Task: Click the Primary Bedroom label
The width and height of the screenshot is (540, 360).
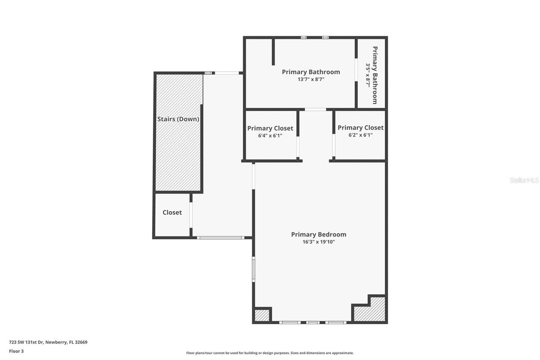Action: coord(319,235)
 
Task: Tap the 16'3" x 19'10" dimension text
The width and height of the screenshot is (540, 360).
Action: coord(319,242)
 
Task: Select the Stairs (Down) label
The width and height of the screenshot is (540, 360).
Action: coord(178,119)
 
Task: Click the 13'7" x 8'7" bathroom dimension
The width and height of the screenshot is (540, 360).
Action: coord(310,79)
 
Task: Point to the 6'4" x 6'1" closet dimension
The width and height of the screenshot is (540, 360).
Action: coord(270,135)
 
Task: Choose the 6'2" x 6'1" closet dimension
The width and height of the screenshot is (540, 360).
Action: coord(360,135)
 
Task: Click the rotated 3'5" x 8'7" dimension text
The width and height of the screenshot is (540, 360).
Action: coord(368,75)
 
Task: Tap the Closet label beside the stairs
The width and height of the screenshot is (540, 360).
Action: coord(172,212)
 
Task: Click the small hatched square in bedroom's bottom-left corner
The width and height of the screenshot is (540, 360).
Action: coord(262,315)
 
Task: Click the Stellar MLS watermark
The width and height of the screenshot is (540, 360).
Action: coord(524,180)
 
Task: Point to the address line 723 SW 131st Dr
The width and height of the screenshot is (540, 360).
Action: coord(48,342)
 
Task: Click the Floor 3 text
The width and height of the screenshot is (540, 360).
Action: coord(16,351)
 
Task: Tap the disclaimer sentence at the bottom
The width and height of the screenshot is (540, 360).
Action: coord(270,353)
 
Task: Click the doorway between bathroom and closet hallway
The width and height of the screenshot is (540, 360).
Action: coord(315,109)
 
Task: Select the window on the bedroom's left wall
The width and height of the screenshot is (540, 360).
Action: coord(254,269)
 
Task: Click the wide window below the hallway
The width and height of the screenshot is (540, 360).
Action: coord(220,238)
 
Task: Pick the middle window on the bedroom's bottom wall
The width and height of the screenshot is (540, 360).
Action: coord(313,322)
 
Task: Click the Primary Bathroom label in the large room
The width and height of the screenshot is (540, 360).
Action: coord(310,72)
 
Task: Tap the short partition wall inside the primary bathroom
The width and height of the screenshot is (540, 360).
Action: coord(273,52)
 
